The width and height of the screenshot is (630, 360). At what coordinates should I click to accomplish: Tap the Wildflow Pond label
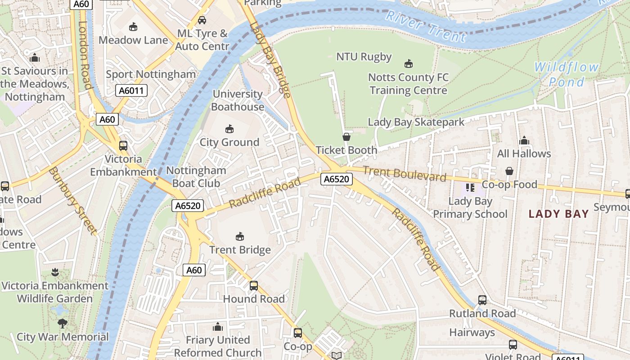point(566,75)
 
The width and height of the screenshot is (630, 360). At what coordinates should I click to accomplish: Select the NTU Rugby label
point(364,57)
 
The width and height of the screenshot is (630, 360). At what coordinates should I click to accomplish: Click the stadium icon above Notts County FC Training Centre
point(409,64)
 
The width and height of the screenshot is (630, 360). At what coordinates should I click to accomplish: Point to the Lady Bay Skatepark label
point(416,122)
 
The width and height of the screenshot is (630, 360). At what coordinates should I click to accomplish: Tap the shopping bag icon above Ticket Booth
point(346,137)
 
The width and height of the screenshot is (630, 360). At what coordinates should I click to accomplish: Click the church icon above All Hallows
point(524,141)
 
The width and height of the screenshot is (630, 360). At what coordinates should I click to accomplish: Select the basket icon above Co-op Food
point(509,171)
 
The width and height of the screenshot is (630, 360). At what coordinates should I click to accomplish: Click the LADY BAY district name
point(558,214)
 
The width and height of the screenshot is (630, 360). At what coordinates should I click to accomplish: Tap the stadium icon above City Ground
point(229,129)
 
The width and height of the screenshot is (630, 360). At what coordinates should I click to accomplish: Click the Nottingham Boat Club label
point(196,177)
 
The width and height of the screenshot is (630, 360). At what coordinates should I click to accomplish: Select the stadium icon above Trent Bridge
point(240,236)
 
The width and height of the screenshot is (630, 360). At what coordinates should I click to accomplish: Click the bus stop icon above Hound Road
point(254,285)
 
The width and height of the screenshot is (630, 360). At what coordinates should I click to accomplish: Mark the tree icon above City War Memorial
point(63,323)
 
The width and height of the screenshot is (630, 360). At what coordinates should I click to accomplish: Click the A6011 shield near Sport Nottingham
point(131,90)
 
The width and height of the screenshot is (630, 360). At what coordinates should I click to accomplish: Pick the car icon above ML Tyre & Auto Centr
point(202,20)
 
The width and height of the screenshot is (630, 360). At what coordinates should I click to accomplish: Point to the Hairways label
point(472,333)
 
